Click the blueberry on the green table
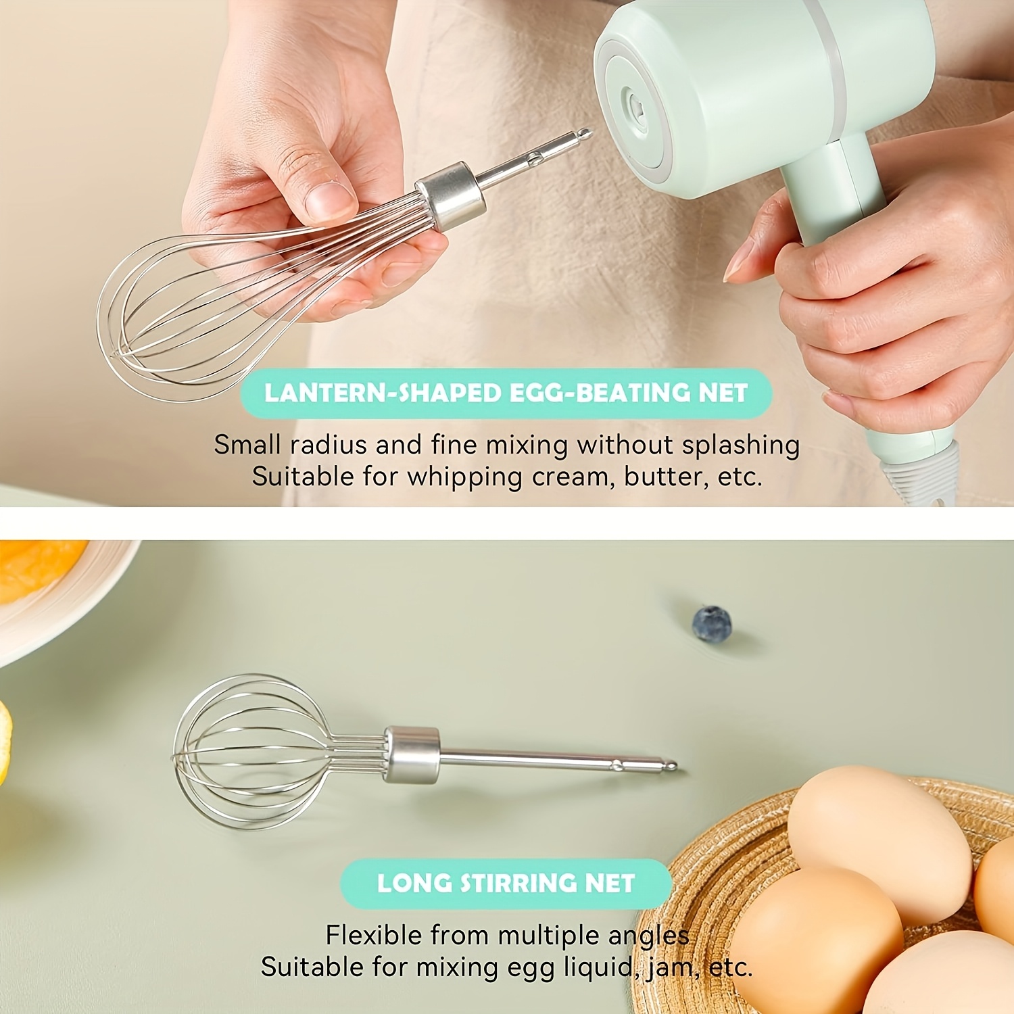pos(712,623)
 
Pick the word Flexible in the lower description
pos(374,936)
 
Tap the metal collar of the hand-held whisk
pos(451,195)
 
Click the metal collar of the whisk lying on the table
pos(412,754)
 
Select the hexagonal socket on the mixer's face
pos(636,112)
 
